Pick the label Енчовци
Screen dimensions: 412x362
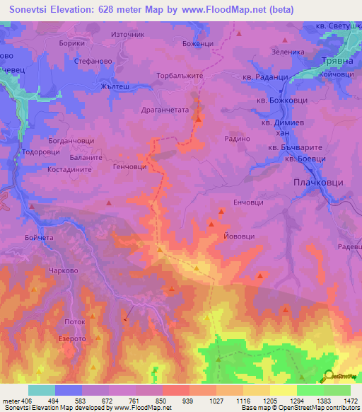pyautogui.click(x=248, y=202)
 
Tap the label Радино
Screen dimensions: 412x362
pyautogui.click(x=237, y=139)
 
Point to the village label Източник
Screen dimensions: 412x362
pyautogui.click(x=128, y=33)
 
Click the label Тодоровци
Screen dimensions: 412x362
pyautogui.click(x=40, y=152)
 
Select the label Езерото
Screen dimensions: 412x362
pyautogui.click(x=71, y=339)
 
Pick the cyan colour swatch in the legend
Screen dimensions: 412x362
pyautogui.click(x=42, y=390)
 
